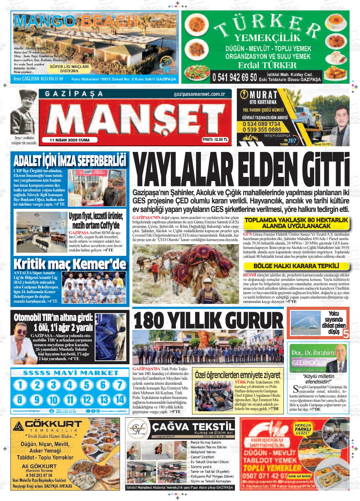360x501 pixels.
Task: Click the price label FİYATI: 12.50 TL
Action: [215, 140]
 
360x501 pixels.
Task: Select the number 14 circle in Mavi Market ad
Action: [119, 399]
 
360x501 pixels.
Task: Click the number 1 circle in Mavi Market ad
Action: [21, 385]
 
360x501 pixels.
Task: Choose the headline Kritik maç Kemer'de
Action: [69, 264]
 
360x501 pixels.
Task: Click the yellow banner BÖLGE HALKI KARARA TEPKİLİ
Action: [296, 266]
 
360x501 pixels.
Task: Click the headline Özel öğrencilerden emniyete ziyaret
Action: [237, 375]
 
